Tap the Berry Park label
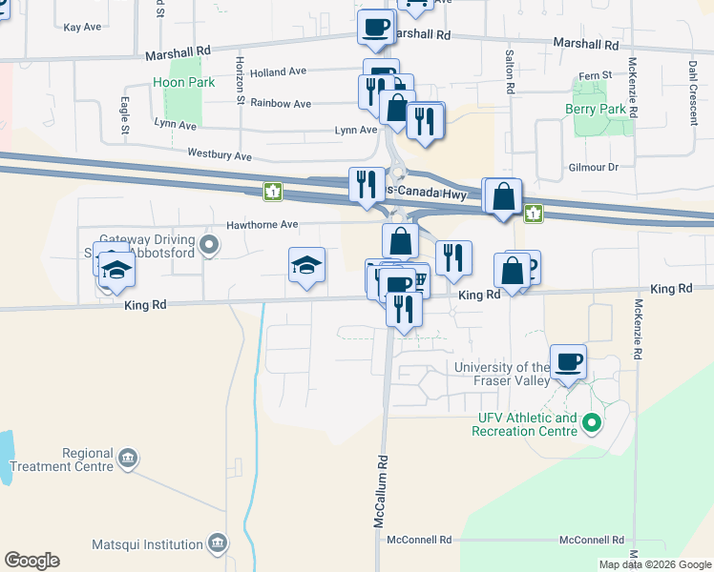point(596,110)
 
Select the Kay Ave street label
point(82,28)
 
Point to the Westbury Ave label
point(220,154)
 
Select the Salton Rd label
point(511,71)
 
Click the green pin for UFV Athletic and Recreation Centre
point(592,421)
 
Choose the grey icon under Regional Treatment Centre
point(126,460)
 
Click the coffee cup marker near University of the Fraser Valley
point(568,361)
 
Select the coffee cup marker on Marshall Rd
point(375,26)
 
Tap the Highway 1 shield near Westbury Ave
point(274,192)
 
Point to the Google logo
point(31,561)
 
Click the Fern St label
point(594,76)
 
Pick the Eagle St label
point(125,108)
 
